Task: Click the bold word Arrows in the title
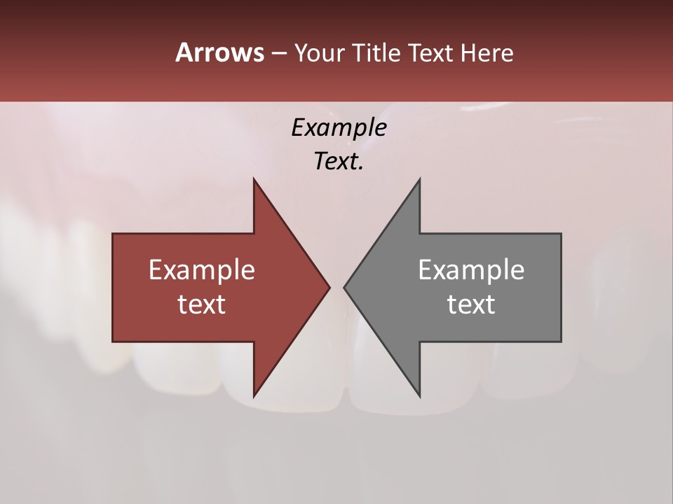tap(219, 52)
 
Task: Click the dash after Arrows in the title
tap(278, 53)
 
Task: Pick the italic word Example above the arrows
tap(339, 128)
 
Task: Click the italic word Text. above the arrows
tap(337, 162)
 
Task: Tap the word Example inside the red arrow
tap(202, 269)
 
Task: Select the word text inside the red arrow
tap(202, 304)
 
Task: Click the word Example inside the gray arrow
tap(471, 269)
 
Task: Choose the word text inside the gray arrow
tap(471, 304)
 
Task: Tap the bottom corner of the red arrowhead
tap(254, 395)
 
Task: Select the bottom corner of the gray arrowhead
tap(419, 395)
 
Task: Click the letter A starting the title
tap(184, 52)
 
